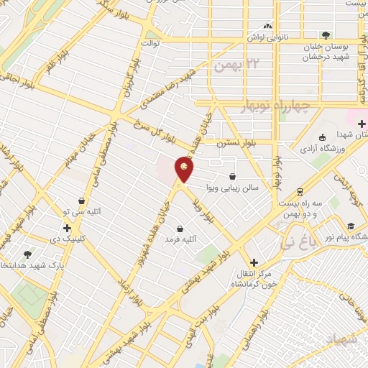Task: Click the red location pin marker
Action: [185, 170]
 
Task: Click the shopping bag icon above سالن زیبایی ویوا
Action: [232, 176]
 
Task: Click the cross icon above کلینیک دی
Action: [67, 228]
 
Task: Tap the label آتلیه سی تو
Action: [83, 212]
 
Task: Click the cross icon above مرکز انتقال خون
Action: [252, 263]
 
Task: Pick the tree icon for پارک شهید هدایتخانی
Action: [27, 254]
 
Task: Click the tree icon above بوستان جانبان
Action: [327, 34]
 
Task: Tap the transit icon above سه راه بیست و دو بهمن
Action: [299, 191]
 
